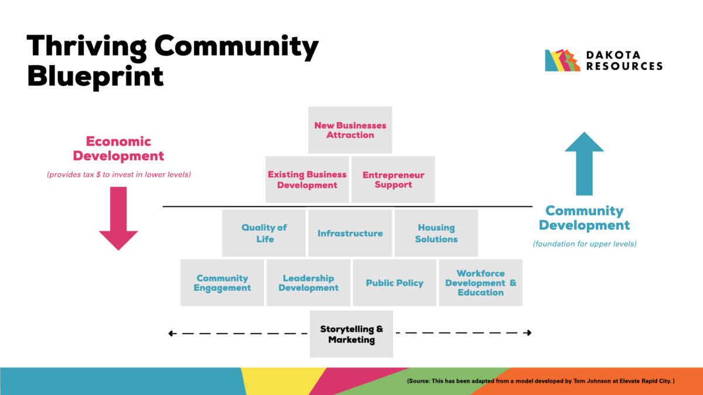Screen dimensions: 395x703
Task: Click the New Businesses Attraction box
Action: pyautogui.click(x=350, y=130)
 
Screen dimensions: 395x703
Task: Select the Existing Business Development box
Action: pyautogui.click(x=307, y=179)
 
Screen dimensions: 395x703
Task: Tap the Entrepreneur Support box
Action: pyautogui.click(x=393, y=179)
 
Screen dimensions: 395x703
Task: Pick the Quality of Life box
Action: pyautogui.click(x=264, y=233)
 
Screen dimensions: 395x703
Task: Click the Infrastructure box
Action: pyautogui.click(x=350, y=233)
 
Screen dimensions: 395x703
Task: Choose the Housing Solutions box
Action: pyautogui.click(x=436, y=233)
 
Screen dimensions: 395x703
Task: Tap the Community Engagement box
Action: pyautogui.click(x=222, y=283)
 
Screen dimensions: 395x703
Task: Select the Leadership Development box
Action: pyautogui.click(x=308, y=283)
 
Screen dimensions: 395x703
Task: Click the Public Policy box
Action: pyautogui.click(x=394, y=283)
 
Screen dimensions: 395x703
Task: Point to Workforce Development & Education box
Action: pyautogui.click(x=480, y=283)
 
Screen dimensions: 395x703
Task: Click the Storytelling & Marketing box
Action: pyautogui.click(x=351, y=334)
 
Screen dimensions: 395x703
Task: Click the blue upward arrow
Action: pyautogui.click(x=584, y=164)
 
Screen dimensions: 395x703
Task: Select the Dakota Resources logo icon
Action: pyautogui.click(x=562, y=60)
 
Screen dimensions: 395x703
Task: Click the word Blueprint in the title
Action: pyautogui.click(x=95, y=76)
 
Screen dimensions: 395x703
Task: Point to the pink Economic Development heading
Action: pyautogui.click(x=119, y=149)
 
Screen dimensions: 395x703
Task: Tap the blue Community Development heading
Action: pyautogui.click(x=584, y=218)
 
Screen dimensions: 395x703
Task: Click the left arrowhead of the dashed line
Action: pyautogui.click(x=172, y=334)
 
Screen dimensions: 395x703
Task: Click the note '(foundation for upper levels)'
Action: pyautogui.click(x=584, y=243)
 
